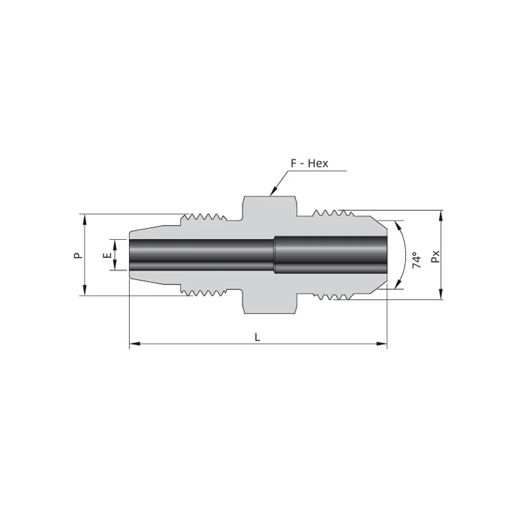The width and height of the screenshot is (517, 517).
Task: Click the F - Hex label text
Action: click(x=310, y=164)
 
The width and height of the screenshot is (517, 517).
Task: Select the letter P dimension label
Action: click(x=78, y=255)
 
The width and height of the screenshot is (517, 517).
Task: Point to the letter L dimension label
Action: click(x=258, y=337)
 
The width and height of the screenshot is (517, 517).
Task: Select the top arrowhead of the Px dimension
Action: click(x=442, y=214)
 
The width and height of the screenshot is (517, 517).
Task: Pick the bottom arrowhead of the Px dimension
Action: click(x=442, y=295)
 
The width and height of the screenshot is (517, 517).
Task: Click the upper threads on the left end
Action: click(x=205, y=218)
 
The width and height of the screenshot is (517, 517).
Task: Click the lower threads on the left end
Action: click(x=205, y=292)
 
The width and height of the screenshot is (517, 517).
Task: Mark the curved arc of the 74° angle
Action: click(x=404, y=255)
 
